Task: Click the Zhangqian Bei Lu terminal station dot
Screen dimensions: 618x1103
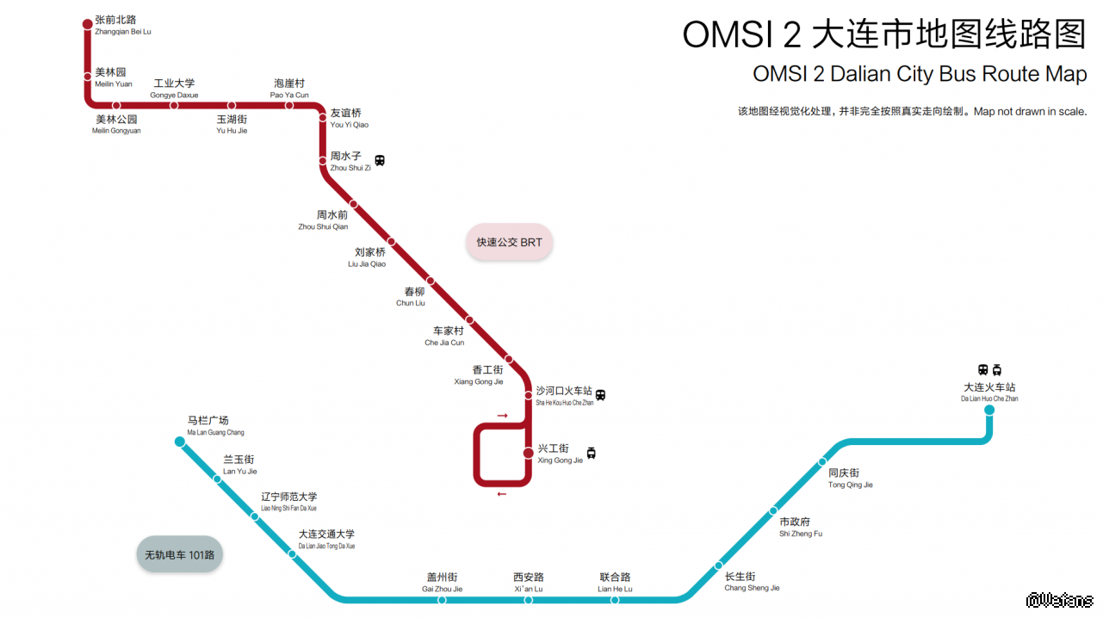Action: tap(87, 24)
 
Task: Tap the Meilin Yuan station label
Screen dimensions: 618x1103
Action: tap(113, 77)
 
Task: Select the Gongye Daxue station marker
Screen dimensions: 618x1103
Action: tap(174, 105)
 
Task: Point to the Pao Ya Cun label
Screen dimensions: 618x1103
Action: tap(289, 89)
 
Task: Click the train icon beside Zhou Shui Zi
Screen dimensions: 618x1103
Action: tap(380, 160)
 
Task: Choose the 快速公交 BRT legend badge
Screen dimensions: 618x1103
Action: tap(510, 243)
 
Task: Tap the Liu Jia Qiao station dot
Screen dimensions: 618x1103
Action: tap(391, 242)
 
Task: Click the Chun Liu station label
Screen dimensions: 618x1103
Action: tap(411, 297)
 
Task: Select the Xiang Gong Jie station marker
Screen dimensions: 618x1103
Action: tap(509, 359)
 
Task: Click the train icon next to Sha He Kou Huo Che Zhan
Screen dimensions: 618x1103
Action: tap(600, 395)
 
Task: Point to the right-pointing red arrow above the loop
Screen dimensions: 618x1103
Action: tap(502, 416)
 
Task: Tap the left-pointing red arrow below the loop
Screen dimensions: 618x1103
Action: tap(502, 494)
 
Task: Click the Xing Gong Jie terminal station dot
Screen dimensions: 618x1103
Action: tap(529, 453)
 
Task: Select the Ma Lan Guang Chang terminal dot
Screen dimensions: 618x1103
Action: tap(180, 442)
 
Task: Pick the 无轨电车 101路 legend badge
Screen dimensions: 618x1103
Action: tap(180, 555)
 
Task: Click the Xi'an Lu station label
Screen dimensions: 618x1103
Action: tap(529, 583)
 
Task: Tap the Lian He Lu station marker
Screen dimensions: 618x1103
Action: tap(615, 600)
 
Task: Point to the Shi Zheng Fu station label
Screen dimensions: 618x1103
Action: tap(800, 528)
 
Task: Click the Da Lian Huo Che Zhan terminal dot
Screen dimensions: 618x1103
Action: tap(989, 410)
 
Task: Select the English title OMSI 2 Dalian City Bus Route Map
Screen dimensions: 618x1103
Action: tap(920, 74)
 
